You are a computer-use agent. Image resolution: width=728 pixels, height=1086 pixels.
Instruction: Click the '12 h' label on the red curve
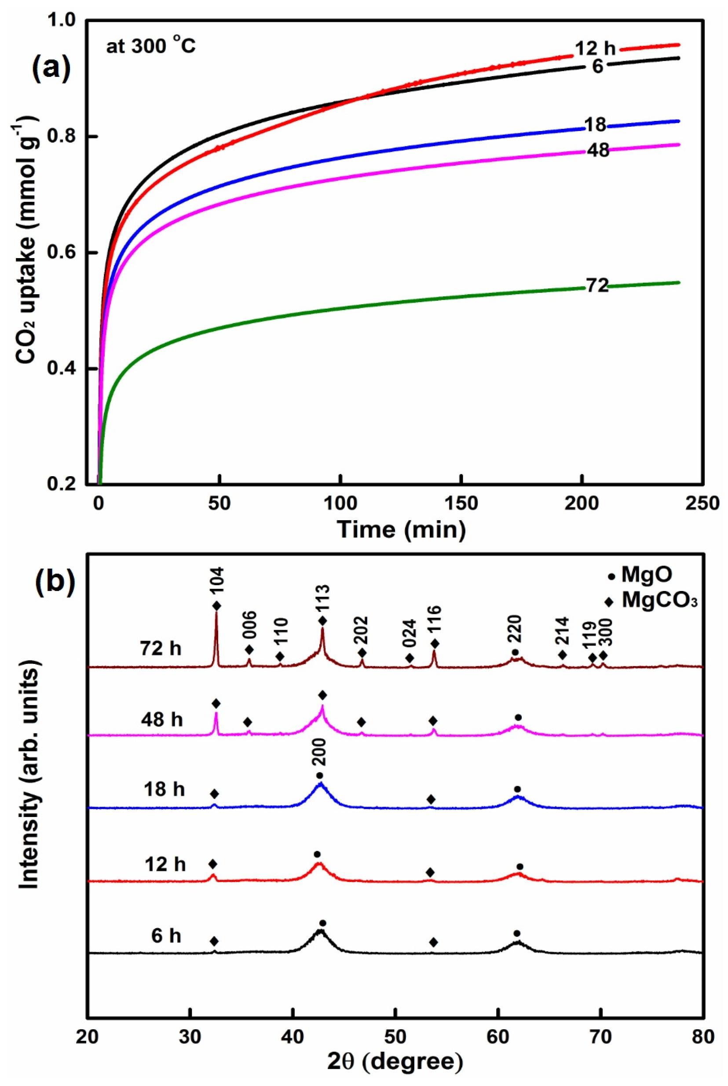(x=595, y=48)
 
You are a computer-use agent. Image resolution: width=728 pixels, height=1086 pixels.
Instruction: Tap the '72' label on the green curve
(x=597, y=286)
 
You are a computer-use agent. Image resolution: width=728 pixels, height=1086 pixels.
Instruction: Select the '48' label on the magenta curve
(x=598, y=150)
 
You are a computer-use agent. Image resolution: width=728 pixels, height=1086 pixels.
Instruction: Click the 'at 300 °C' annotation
(x=151, y=47)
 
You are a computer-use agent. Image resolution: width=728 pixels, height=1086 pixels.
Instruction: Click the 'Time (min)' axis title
(x=401, y=529)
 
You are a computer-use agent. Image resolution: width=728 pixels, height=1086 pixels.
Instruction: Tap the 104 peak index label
(x=216, y=582)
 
